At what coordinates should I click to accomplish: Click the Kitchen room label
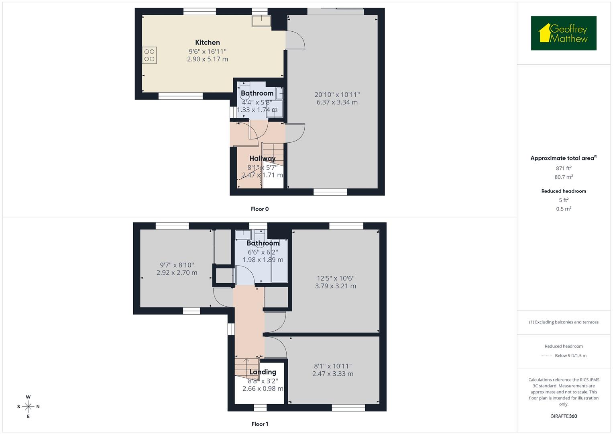207,43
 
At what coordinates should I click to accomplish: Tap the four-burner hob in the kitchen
149,55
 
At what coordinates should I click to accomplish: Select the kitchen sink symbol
261,20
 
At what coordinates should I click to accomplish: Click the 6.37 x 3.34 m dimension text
337,102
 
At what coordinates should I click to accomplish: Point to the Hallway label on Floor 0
262,158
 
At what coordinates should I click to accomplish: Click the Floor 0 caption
260,209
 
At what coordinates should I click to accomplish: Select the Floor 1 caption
260,424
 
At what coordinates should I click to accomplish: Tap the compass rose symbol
28,407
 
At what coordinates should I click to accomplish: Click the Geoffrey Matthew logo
564,33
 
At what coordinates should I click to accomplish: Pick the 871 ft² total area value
564,168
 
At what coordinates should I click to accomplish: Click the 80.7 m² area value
564,177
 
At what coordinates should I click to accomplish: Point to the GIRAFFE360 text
564,416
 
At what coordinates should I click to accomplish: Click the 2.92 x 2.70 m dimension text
177,273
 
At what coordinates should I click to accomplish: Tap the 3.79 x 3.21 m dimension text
335,286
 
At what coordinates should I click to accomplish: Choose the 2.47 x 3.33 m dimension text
333,374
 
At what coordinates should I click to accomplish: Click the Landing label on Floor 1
263,372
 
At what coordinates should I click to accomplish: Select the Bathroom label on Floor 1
263,243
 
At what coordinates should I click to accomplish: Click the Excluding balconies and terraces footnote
564,322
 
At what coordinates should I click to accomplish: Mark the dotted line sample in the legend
546,356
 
